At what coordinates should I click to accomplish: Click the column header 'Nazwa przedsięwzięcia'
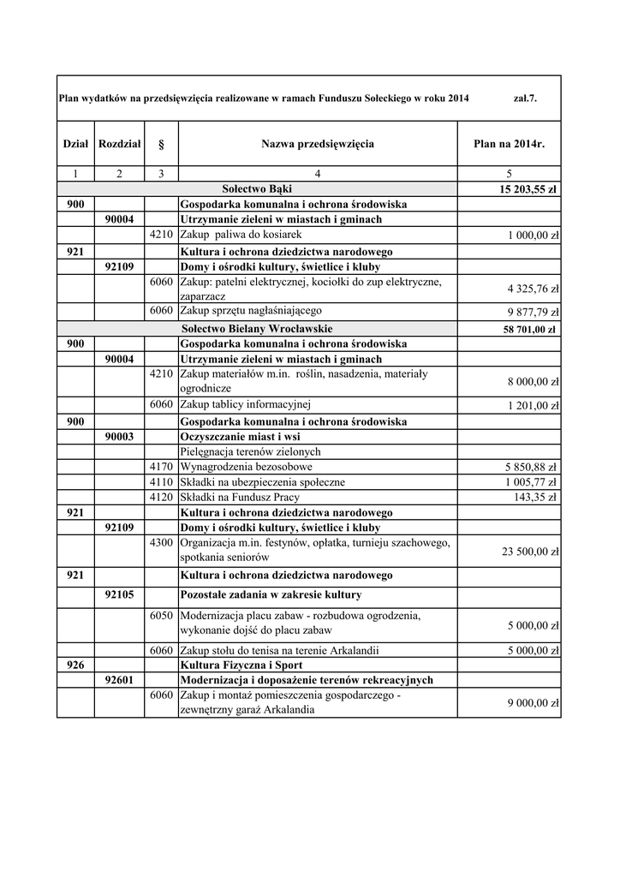coord(317,144)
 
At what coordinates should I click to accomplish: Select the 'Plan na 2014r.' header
coord(509,144)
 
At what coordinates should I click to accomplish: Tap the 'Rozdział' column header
coord(119,144)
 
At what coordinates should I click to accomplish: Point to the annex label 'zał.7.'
coord(525,98)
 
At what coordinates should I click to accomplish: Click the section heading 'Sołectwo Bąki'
coord(257,188)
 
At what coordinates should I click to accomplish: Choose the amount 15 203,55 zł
coord(523,189)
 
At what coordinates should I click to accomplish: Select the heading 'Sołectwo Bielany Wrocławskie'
coord(257,329)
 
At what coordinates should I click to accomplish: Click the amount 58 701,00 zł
coord(527,330)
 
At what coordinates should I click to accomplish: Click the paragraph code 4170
coord(161,467)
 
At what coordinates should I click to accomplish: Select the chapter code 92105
coord(119,594)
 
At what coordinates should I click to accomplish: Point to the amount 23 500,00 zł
coord(530,552)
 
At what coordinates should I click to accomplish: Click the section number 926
coord(75,665)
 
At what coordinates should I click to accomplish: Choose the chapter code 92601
coord(119,680)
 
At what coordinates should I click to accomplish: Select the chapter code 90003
coord(119,436)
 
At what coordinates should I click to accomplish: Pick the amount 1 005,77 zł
coord(532,482)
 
